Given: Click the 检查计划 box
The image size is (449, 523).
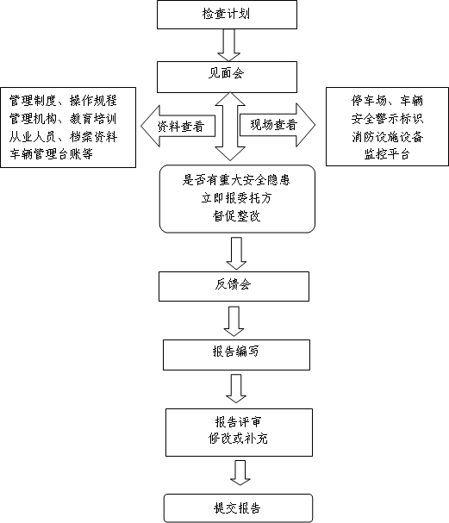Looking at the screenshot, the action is [x=227, y=15].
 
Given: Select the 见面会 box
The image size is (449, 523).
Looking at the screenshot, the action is [x=227, y=77].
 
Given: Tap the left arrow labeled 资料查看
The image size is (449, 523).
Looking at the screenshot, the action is [x=178, y=126].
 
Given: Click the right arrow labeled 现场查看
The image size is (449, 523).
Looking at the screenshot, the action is [x=278, y=125].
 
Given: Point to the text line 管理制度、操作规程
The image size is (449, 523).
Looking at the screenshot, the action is [x=63, y=101].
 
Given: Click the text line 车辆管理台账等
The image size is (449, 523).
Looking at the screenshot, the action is [x=51, y=154].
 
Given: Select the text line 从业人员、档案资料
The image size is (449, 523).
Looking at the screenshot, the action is [x=63, y=136].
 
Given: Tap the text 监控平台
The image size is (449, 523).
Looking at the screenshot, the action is [x=387, y=154].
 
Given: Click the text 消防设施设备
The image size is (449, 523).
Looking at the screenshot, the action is [x=387, y=136].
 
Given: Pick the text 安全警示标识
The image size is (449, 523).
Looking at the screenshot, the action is [x=387, y=118].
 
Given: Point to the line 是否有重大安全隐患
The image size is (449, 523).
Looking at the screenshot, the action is [x=236, y=180].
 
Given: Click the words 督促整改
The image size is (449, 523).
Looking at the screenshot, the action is [x=236, y=216].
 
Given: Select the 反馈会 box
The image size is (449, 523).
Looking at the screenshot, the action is [x=234, y=287].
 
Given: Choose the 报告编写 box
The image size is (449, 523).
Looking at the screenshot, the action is [x=236, y=355].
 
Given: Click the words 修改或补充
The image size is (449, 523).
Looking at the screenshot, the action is [x=238, y=439].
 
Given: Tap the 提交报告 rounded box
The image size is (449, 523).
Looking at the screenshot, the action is [x=238, y=508].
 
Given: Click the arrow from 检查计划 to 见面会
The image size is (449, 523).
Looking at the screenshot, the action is [x=229, y=45].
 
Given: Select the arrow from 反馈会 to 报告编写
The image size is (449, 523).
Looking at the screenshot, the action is [x=234, y=321].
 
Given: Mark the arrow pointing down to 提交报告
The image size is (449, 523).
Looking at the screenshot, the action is [x=240, y=473].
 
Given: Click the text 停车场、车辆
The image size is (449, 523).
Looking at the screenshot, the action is [x=387, y=101].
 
